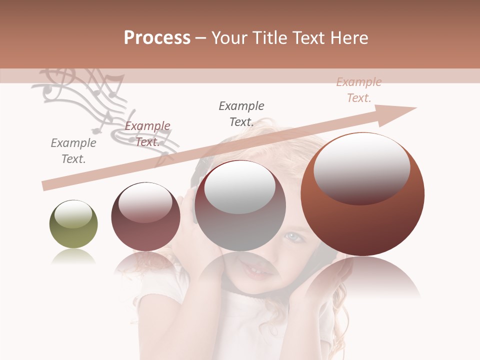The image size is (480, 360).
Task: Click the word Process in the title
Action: (157, 38)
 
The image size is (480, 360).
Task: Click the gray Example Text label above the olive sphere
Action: (73, 151)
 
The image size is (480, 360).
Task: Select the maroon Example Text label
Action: (147, 134)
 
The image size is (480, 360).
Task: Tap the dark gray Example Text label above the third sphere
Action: (241, 113)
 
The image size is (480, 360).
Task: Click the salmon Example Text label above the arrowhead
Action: (359, 90)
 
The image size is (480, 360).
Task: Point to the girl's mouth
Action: (258, 270)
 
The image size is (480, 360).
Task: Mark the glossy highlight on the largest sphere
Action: (361, 167)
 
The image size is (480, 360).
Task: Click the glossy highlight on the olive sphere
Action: (73, 214)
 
